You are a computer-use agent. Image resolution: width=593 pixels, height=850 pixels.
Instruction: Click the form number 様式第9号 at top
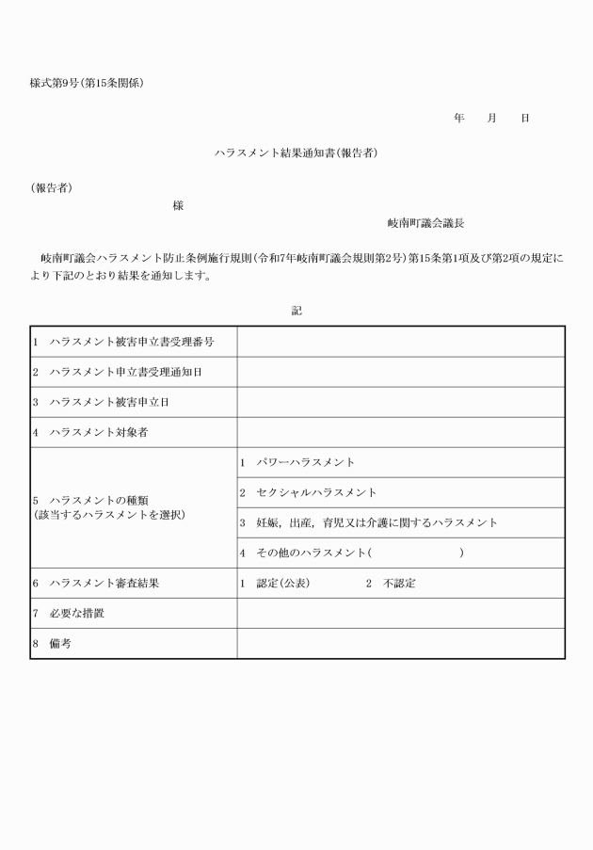57,83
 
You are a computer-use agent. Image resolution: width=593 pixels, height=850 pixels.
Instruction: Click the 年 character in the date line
458,119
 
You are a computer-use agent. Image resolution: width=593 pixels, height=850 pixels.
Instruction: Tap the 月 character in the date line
491,119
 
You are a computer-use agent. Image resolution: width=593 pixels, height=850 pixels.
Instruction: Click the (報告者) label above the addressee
51,187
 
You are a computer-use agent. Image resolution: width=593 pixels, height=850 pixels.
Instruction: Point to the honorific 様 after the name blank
178,205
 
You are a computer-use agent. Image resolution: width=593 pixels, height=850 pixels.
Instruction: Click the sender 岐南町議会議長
425,224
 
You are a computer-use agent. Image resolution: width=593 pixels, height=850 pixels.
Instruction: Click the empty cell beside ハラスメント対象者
400,432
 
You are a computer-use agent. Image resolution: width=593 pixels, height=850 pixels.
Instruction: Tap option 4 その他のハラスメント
311,553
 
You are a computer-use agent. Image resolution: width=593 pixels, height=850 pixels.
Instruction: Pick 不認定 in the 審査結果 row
399,583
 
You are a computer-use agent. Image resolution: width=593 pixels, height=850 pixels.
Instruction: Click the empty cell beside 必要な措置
400,613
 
